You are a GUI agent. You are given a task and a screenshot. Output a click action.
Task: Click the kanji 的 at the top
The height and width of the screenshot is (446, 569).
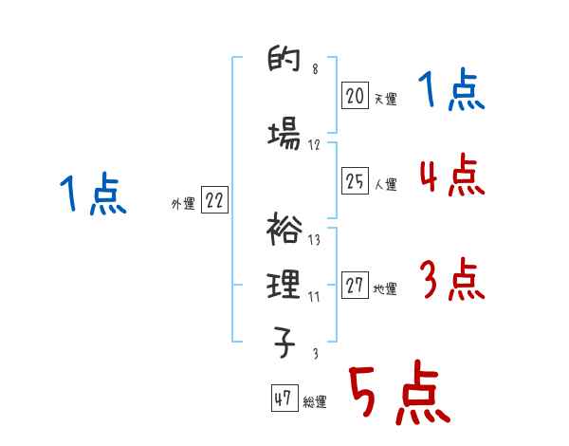tap(284, 64)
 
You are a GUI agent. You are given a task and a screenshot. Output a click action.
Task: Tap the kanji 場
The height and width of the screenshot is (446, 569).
tap(284, 136)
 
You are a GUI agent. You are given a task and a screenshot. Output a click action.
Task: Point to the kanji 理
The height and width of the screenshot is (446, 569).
tap(284, 284)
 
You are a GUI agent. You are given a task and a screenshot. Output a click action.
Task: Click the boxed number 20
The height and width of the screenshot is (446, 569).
tap(355, 95)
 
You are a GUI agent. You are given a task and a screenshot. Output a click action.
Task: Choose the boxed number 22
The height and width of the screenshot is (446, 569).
tap(214, 200)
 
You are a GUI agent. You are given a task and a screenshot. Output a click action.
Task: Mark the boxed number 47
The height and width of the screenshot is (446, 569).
tap(283, 400)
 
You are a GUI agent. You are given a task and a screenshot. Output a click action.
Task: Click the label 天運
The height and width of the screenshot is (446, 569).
tap(384, 98)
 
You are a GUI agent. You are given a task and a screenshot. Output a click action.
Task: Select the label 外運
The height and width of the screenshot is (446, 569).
tap(182, 202)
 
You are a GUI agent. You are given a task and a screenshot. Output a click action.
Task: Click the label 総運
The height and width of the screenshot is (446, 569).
tap(314, 402)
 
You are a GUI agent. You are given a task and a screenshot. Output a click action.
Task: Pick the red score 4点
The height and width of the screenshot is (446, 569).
tap(450, 177)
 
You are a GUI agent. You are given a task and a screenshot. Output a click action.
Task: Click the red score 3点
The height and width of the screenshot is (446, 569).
tap(450, 281)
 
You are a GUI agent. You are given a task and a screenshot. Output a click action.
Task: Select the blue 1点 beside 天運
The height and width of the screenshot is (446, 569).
tap(450, 92)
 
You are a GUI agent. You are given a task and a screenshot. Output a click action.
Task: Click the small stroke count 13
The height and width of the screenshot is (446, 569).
tap(314, 240)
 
